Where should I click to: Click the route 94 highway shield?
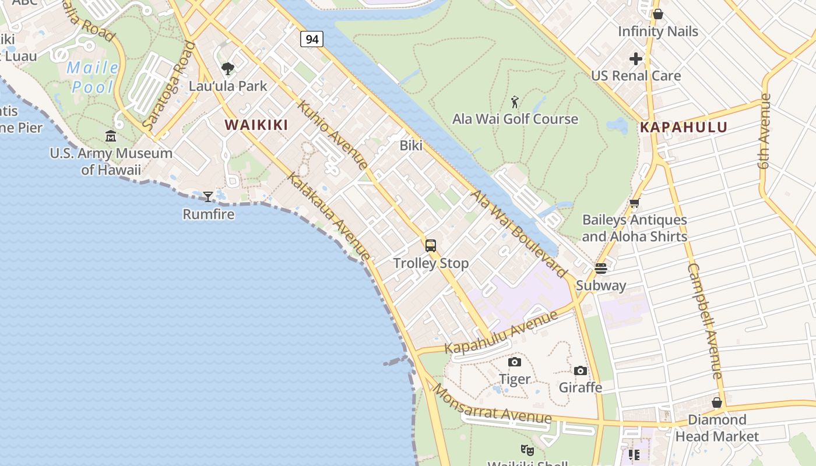[x=312, y=39]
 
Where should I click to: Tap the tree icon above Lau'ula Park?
[x=228, y=69]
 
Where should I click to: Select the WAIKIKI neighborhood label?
[x=257, y=125]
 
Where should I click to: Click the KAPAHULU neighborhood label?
[x=684, y=127]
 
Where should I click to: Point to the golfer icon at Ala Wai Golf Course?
[x=515, y=103]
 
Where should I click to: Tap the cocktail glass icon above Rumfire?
[x=208, y=196]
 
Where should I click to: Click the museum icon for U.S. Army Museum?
[x=111, y=136]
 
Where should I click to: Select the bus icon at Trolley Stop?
[x=431, y=246]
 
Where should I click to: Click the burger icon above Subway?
[x=601, y=268]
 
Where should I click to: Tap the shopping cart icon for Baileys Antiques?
[x=634, y=203]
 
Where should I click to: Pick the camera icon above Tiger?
[x=515, y=362]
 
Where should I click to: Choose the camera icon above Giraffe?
[x=581, y=370]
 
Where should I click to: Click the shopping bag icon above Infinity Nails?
[x=658, y=14]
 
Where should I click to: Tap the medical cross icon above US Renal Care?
[x=636, y=59]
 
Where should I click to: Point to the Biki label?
[x=411, y=146]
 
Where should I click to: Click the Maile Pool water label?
[x=93, y=77]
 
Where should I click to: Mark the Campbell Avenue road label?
[x=705, y=320]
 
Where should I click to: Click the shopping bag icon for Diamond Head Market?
[x=717, y=403]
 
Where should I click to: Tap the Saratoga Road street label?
[x=168, y=86]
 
